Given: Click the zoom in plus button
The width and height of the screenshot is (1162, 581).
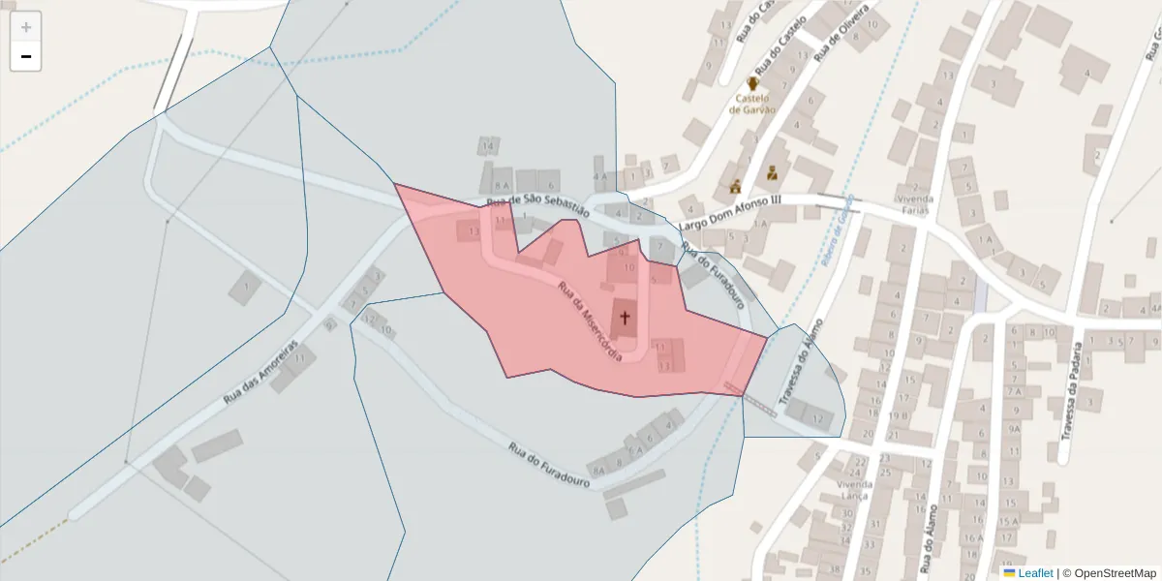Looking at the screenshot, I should (26, 27).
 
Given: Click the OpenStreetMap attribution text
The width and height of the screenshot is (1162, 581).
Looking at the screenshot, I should (1110, 573).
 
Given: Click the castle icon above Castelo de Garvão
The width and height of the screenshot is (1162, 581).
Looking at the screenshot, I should (752, 85).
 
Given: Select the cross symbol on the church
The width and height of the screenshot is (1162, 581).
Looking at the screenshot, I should (625, 318).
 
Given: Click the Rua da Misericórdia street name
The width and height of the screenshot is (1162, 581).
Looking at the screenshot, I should (589, 321).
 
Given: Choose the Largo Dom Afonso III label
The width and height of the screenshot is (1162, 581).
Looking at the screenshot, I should (730, 213).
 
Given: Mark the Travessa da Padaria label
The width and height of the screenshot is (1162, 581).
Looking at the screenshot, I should (1079, 394).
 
